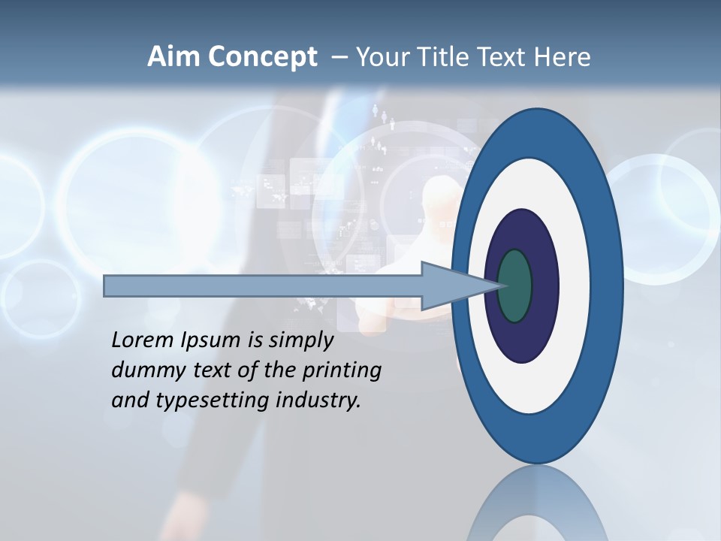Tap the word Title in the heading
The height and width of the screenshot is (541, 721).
(x=445, y=57)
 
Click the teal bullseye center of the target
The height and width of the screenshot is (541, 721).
(x=514, y=286)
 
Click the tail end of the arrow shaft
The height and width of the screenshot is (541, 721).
(x=107, y=286)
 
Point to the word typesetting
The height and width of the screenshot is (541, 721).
(x=210, y=401)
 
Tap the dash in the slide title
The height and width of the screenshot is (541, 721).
(x=339, y=57)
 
